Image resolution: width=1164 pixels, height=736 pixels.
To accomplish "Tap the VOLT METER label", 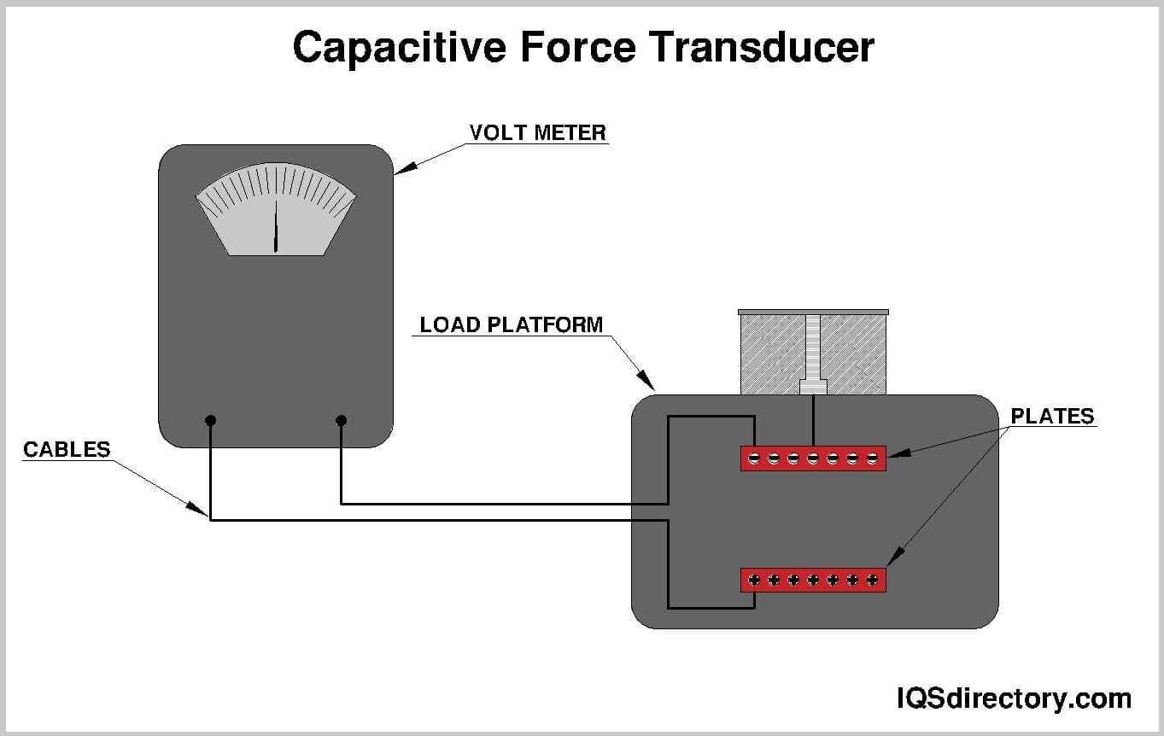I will pyautogui.click(x=537, y=133).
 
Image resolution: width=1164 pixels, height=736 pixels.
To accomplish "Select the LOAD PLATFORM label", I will pyautogui.click(x=511, y=325).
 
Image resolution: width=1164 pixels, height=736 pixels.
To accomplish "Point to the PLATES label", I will pyautogui.click(x=1051, y=416).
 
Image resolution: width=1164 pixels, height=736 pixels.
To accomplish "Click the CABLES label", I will pyautogui.click(x=67, y=449).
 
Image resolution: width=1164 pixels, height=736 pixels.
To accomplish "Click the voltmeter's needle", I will pyautogui.click(x=276, y=226).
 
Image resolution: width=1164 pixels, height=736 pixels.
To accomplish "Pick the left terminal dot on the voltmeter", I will pyautogui.click(x=211, y=420).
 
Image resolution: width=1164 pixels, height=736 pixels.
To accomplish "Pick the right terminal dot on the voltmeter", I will pyautogui.click(x=341, y=420).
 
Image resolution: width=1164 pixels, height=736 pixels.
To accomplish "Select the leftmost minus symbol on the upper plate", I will pyautogui.click(x=754, y=459).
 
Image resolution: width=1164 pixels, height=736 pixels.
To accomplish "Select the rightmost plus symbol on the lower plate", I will pyautogui.click(x=872, y=581).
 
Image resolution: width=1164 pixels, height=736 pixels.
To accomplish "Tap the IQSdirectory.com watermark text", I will pyautogui.click(x=1013, y=698).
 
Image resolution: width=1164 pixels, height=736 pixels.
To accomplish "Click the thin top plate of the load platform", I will pyautogui.click(x=813, y=313).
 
